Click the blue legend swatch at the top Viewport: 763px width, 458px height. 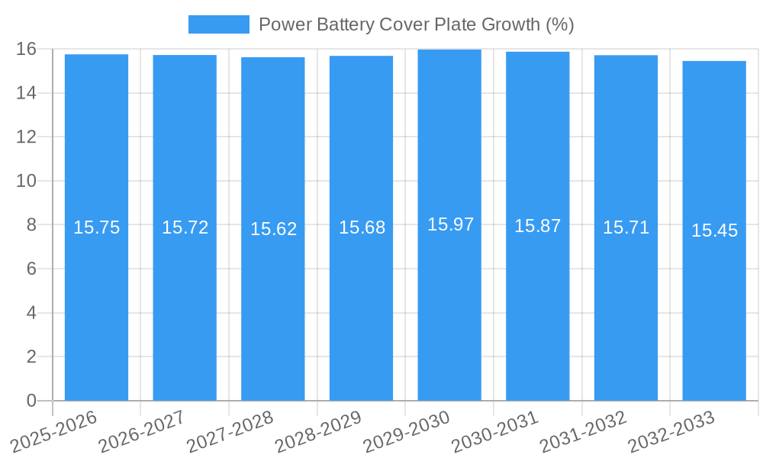[219, 24]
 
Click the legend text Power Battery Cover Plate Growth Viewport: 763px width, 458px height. [416, 24]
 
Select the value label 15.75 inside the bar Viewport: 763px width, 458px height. [96, 227]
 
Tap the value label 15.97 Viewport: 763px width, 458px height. [450, 224]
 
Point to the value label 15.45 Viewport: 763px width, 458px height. [714, 231]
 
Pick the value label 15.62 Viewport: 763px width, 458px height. [273, 229]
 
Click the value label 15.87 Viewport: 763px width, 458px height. [537, 226]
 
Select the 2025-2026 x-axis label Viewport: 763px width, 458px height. [55, 431]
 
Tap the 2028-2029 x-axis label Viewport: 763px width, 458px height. [319, 431]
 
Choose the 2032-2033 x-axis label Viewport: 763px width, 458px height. [672, 431]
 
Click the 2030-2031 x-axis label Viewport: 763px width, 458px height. [496, 431]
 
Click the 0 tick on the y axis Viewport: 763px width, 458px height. [31, 401]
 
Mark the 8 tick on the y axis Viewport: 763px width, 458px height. [31, 225]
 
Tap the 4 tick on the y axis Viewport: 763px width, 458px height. [31, 313]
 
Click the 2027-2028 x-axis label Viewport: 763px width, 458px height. [231, 431]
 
